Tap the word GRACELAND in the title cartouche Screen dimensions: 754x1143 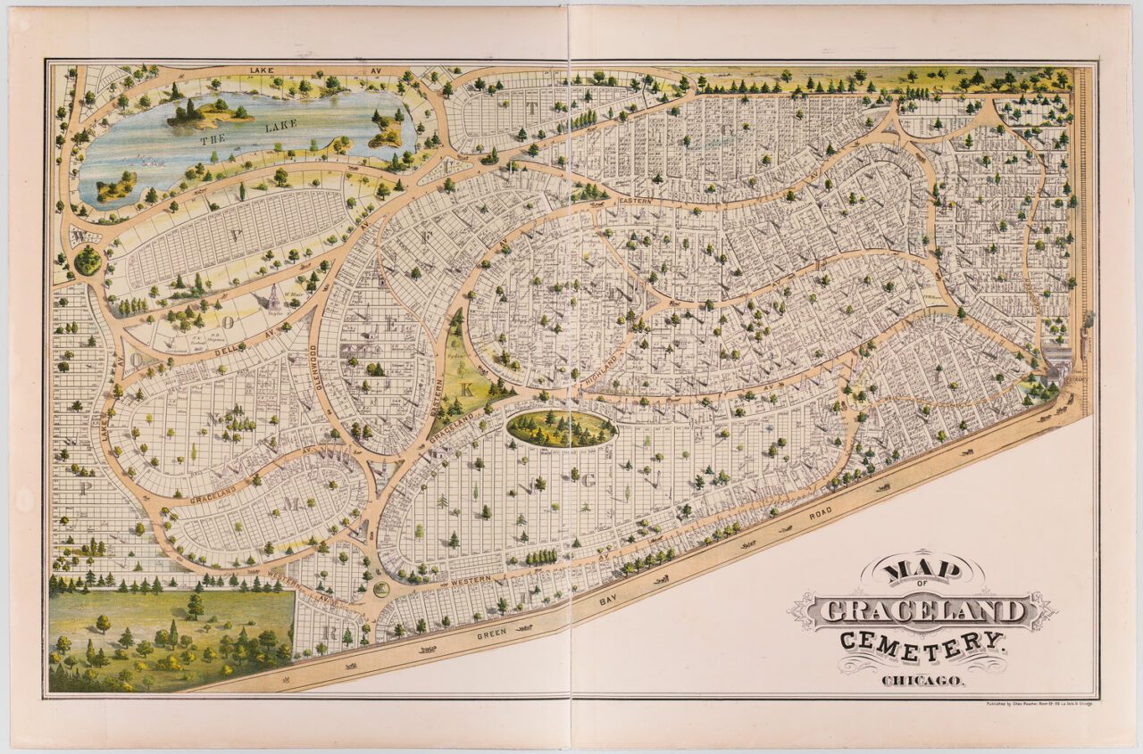click(x=922, y=612)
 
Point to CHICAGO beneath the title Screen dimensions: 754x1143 click(x=922, y=681)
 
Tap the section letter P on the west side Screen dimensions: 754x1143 click(x=86, y=488)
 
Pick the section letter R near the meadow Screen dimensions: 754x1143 click(x=328, y=633)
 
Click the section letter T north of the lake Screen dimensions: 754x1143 click(x=533, y=109)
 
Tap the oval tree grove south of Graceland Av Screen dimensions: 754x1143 click(x=561, y=428)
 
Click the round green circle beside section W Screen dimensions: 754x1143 click(x=88, y=261)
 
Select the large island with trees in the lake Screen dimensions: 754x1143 click(x=211, y=113)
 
